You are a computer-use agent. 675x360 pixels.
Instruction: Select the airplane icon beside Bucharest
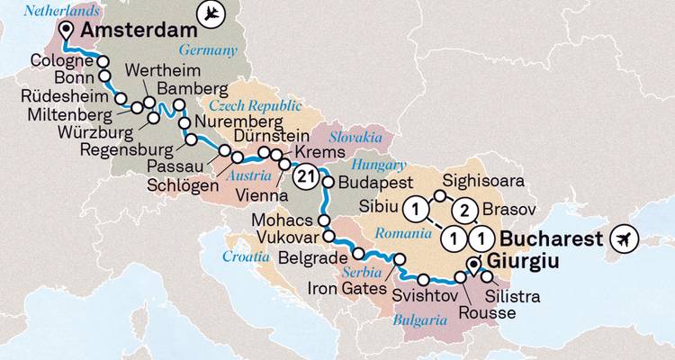[622, 239]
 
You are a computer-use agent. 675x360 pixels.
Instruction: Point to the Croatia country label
[247, 256]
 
